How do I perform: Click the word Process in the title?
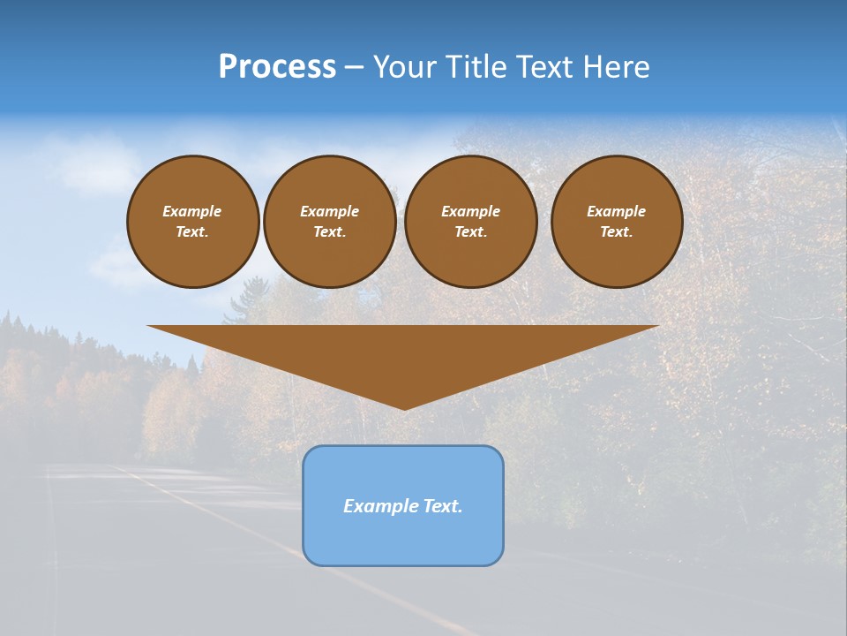click(277, 67)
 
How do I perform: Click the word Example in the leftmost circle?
click(192, 211)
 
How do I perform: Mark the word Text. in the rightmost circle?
click(616, 231)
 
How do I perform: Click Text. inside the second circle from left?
click(329, 231)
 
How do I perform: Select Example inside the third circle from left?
click(470, 211)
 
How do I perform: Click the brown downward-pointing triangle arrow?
click(403, 353)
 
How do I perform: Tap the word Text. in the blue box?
click(443, 506)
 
